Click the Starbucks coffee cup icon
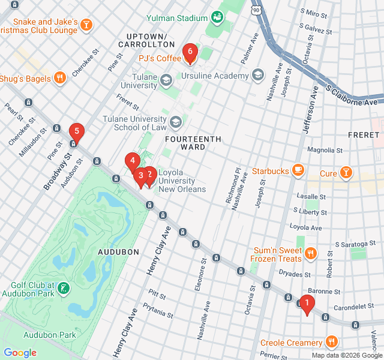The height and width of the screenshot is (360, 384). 298,171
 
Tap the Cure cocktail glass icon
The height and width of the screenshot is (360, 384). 346,173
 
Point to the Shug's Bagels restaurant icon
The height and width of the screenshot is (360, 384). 59,77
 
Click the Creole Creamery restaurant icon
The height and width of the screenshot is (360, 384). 332,343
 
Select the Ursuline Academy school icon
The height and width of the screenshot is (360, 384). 258,76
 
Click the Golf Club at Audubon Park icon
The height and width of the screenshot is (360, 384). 63,289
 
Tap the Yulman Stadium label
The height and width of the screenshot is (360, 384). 176,19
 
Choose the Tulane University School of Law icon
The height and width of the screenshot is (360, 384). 176,123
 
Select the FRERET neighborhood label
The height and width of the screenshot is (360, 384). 363,135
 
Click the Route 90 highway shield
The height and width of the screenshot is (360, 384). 257,10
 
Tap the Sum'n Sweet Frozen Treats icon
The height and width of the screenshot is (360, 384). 310,254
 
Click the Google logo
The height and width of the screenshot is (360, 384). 20,353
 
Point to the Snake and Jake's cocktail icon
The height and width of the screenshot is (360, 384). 87,25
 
